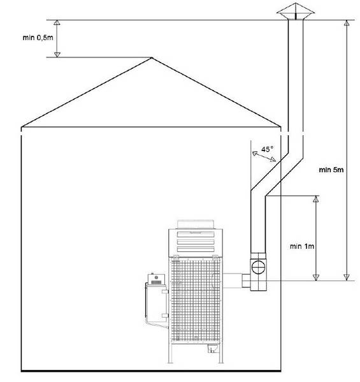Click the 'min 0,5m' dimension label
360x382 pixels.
(x=38, y=38)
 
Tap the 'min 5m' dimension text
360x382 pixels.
(x=331, y=170)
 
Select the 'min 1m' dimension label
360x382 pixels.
(x=302, y=246)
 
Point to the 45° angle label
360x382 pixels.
(x=267, y=149)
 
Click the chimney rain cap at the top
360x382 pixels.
(x=296, y=11)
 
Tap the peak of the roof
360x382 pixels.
(x=152, y=58)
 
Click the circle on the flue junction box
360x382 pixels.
(x=258, y=267)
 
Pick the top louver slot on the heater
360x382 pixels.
(x=196, y=234)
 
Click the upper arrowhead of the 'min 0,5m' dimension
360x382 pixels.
(x=57, y=23)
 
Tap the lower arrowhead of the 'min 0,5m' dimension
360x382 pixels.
(x=57, y=55)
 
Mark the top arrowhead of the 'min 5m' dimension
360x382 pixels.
(x=347, y=23)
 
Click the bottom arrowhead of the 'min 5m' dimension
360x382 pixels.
(x=347, y=277)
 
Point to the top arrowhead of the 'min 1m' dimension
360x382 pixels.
(x=315, y=199)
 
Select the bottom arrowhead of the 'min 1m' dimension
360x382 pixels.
(x=315, y=277)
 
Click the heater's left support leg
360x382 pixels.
(x=171, y=353)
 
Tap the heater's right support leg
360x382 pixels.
(x=220, y=353)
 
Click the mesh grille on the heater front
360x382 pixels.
(x=196, y=300)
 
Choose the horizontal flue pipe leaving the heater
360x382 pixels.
(x=232, y=281)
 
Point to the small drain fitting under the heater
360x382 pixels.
(x=212, y=349)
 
